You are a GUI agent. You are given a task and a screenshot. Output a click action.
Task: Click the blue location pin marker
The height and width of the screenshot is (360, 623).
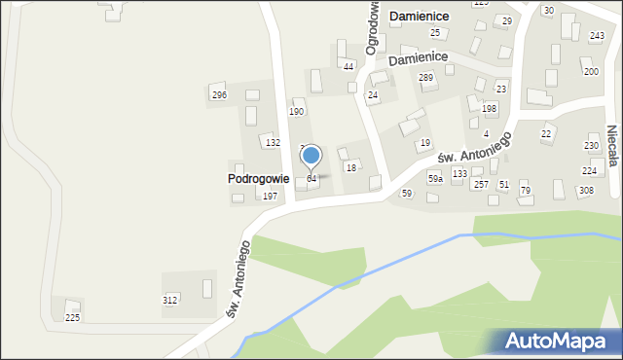coord(311,157)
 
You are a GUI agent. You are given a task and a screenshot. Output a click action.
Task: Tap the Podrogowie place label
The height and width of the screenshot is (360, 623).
coord(258,179)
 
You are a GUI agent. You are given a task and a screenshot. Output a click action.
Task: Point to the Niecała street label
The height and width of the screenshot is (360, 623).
coord(612,145)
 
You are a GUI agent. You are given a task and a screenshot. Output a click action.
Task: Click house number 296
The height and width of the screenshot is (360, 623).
coord(219,94)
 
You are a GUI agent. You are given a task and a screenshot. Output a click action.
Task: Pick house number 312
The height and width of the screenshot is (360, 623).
coord(169,300)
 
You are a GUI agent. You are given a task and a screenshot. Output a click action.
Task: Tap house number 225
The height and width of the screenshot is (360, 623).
coord(72,318)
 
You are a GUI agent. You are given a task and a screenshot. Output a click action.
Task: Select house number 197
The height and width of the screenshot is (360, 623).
coord(270,197)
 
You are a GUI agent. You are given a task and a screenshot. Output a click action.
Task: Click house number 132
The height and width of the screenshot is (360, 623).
coord(274,142)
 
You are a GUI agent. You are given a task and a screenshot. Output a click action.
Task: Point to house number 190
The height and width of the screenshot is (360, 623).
coord(296,112)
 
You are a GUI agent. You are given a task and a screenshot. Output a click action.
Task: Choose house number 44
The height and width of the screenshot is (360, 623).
coord(348,66)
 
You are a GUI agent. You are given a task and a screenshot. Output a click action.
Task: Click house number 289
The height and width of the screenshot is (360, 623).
coord(425,77)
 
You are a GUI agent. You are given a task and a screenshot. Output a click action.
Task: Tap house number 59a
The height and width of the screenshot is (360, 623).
coord(435,179)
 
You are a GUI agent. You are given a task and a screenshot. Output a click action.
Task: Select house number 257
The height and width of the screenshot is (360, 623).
coord(481,184)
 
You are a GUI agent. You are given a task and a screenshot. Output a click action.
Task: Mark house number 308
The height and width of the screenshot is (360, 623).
coord(586,190)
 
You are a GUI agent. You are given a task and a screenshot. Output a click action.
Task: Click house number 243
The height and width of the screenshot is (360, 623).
coord(597,35)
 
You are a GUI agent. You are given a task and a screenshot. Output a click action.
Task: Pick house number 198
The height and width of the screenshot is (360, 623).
coord(490,108)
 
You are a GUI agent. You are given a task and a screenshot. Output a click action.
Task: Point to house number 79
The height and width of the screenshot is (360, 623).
coord(526,190)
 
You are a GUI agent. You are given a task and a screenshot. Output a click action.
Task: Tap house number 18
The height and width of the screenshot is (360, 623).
coord(350,167)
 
